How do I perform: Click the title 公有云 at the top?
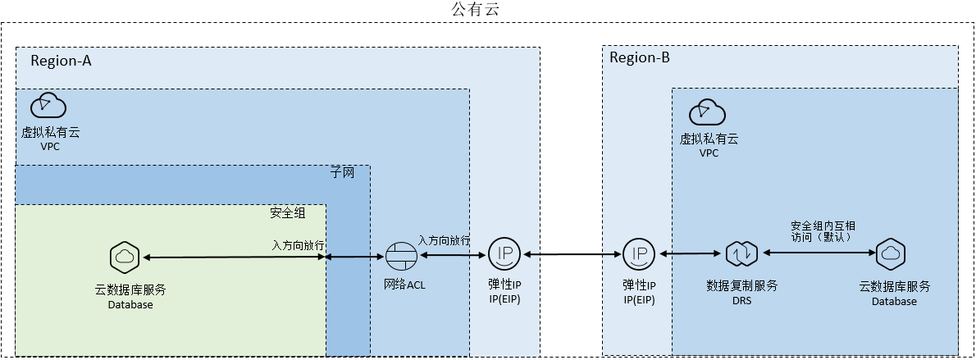tap(476, 9)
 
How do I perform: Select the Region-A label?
tap(61, 61)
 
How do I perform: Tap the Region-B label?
tap(640, 58)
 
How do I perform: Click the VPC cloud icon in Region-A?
tap(50, 105)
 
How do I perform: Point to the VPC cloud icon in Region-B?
tap(708, 112)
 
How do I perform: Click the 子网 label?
tap(342, 172)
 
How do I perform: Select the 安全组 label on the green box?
tap(288, 212)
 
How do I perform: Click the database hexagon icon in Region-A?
tap(125, 256)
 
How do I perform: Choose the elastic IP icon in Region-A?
tap(504, 253)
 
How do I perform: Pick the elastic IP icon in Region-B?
tap(639, 253)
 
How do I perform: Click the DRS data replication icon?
tap(742, 253)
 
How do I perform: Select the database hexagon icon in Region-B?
tap(891, 253)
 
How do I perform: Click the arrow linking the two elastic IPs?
tap(572, 254)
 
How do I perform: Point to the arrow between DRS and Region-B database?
tap(819, 253)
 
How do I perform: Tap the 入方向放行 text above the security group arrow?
tap(298, 244)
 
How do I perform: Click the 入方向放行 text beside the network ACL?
tap(444, 240)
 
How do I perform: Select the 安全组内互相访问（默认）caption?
tap(823, 231)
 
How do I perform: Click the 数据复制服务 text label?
tap(742, 286)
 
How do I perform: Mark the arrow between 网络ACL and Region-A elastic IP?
tap(453, 255)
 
